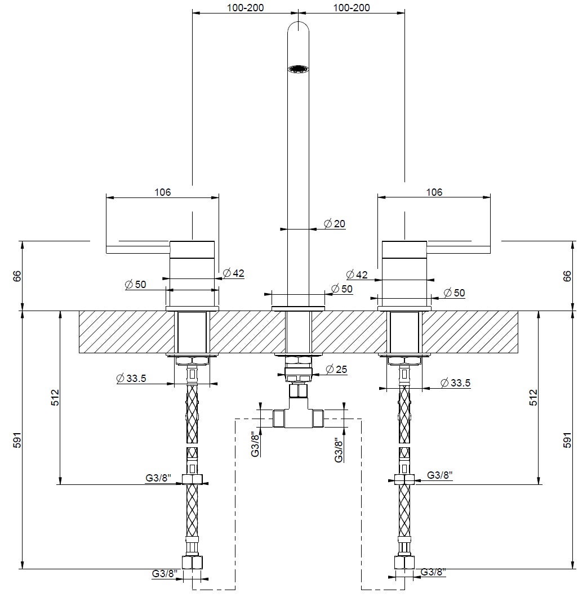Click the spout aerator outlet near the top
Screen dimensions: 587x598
coord(299,69)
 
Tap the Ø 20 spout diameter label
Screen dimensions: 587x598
coord(335,223)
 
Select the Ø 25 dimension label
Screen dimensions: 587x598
coord(336,369)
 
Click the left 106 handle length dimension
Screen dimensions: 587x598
coord(163,192)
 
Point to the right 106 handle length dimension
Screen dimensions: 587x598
coord(434,192)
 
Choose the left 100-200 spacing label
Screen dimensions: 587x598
coord(245,8)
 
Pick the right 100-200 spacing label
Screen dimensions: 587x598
coord(352,8)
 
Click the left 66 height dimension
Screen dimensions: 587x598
coord(17,276)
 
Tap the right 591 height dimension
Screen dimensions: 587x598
coord(568,440)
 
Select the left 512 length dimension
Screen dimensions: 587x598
coord(55,397)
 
